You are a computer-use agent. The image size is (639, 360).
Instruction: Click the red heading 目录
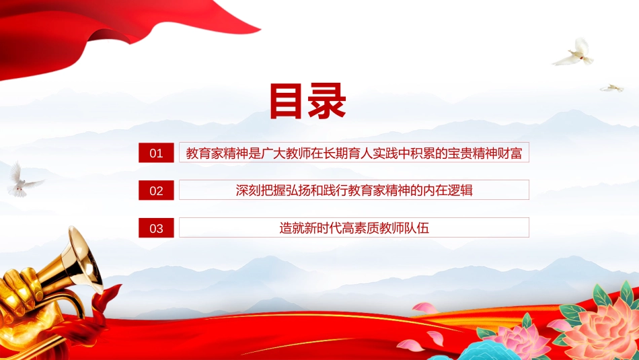pyautogui.click(x=307, y=101)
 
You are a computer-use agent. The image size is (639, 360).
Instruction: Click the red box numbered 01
pyautogui.click(x=156, y=153)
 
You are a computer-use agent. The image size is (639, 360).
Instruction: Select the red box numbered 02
pyautogui.click(x=156, y=190)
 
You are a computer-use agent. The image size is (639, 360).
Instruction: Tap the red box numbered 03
pyautogui.click(x=156, y=228)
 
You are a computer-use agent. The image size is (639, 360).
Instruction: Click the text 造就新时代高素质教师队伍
pyautogui.click(x=354, y=228)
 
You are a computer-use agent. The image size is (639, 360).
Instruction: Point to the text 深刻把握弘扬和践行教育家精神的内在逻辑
pyautogui.click(x=354, y=190)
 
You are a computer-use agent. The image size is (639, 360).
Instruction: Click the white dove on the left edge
pyautogui.click(x=24, y=180)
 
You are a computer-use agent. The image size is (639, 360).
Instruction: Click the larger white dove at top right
pyautogui.click(x=574, y=53)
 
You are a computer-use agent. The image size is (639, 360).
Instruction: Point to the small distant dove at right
pyautogui.click(x=611, y=88)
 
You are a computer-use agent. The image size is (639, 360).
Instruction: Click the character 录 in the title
pyautogui.click(x=328, y=101)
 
